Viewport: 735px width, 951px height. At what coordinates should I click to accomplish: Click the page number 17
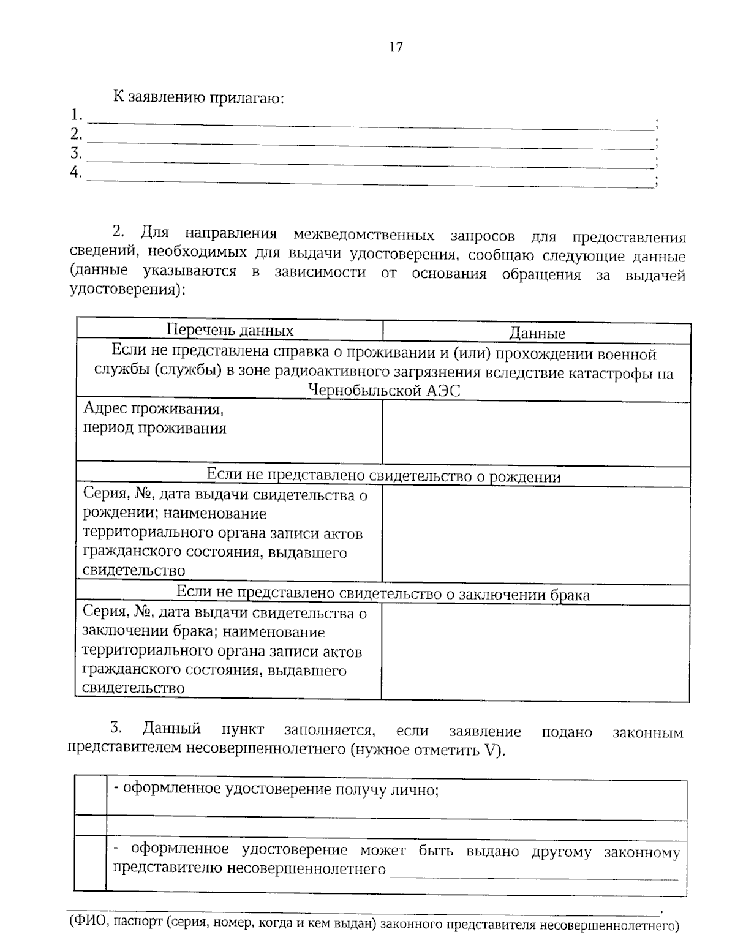coord(396,47)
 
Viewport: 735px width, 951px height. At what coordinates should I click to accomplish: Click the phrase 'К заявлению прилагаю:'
coord(198,97)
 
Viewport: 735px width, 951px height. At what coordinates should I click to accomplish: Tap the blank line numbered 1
coord(371,122)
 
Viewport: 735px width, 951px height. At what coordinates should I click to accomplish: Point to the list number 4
coord(76,173)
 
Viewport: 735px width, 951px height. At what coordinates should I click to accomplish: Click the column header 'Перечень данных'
coord(230,331)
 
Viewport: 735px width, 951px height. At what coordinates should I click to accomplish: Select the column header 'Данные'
coord(537,334)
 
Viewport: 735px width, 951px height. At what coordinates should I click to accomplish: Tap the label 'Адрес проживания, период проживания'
coord(154,418)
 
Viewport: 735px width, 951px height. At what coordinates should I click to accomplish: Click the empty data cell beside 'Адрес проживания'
coord(536,432)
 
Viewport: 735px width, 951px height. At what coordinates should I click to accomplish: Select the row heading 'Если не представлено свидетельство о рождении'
coord(383,476)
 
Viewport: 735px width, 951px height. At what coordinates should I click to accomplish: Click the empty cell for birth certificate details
coord(536,534)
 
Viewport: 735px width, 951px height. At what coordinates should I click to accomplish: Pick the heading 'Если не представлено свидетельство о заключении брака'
coord(383,593)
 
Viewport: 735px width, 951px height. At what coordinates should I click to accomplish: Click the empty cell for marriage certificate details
coord(536,651)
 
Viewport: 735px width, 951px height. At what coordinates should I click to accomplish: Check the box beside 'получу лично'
coord(91,797)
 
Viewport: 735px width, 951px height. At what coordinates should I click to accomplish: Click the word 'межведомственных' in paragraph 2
coord(364,236)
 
